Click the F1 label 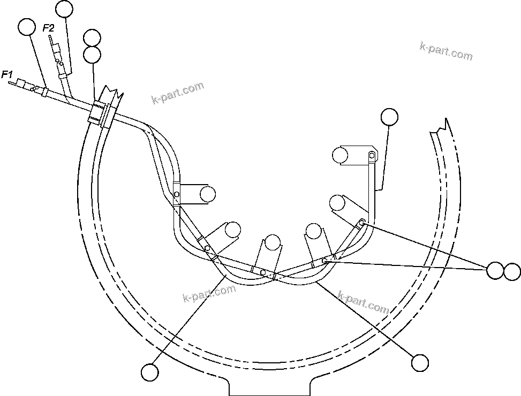click(x=7, y=74)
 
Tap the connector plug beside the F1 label click(x=25, y=85)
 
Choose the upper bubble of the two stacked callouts click(x=92, y=38)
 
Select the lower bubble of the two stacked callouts click(x=93, y=54)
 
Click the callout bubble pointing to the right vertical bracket click(x=389, y=117)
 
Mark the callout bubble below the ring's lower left click(x=150, y=371)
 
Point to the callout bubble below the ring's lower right click(x=420, y=362)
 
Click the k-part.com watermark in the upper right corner click(x=446, y=51)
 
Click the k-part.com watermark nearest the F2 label click(x=177, y=93)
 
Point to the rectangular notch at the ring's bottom click(x=270, y=386)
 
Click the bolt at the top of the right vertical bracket click(x=371, y=156)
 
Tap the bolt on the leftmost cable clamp click(x=177, y=194)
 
